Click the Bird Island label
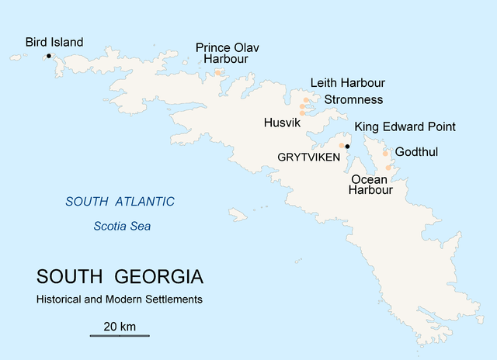[54, 42]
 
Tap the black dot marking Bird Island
[49, 56]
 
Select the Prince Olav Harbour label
[227, 54]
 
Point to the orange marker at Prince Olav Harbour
[218, 73]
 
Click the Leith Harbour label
[347, 83]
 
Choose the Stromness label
[353, 99]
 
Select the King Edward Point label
[405, 127]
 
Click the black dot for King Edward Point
[348, 146]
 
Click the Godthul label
[417, 152]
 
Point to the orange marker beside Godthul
[385, 154]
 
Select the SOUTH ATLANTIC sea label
[120, 202]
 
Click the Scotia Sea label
[122, 227]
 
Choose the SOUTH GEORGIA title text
[120, 277]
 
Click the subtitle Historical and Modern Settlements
[119, 299]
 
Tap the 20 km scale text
[120, 326]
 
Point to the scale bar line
[120, 336]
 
